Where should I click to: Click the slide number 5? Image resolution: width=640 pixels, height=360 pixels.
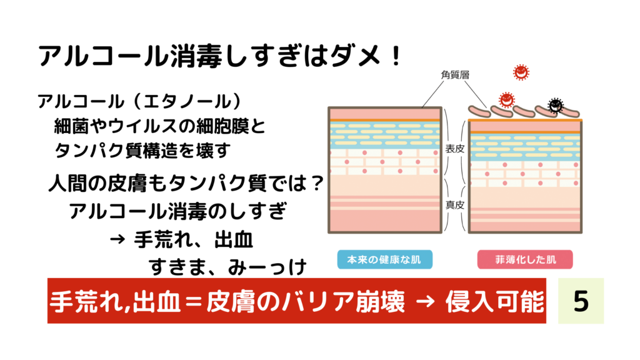(x=581, y=301)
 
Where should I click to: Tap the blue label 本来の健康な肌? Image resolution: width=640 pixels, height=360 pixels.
(x=384, y=259)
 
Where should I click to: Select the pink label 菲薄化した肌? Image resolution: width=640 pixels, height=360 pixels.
(x=525, y=259)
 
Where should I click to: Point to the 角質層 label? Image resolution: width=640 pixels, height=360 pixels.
(x=455, y=75)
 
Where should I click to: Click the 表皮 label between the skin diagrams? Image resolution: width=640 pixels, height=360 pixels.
(x=455, y=149)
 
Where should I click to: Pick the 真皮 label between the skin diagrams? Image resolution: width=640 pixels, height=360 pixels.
(x=455, y=205)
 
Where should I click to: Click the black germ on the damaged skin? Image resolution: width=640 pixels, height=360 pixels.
(x=555, y=105)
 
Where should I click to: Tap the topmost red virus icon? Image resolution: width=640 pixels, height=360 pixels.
(x=521, y=72)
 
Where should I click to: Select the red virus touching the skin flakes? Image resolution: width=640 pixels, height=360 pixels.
(x=506, y=99)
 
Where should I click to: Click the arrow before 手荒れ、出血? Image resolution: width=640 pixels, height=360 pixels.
(x=117, y=240)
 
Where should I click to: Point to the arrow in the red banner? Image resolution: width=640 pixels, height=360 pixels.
(x=425, y=302)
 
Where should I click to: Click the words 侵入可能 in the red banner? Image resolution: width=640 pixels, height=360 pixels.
(x=495, y=302)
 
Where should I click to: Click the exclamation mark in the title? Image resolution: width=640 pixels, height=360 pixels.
(x=396, y=56)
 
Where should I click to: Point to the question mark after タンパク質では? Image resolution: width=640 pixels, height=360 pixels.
(x=316, y=183)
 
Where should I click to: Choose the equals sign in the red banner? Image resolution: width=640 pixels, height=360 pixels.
(x=193, y=302)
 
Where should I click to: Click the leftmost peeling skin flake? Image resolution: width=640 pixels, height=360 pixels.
(x=479, y=111)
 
